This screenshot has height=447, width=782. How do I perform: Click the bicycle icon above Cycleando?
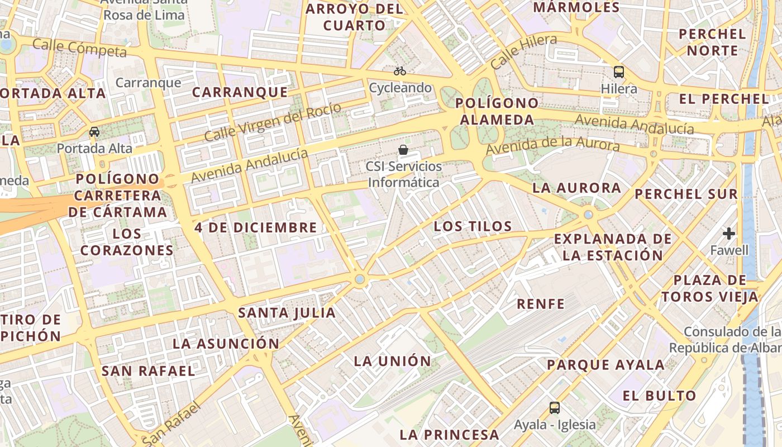pos(399,71)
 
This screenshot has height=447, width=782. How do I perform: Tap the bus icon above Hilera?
pos(619,72)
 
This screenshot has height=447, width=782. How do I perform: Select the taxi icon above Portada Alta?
pos(94,132)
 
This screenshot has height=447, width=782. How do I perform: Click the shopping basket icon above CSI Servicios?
pos(403,150)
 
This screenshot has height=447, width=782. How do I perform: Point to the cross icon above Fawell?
pos(729,233)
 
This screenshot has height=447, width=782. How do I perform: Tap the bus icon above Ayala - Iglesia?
pos(554,408)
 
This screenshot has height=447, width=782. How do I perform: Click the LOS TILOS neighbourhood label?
pos(473,226)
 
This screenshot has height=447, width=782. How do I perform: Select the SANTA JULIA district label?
pos(287,313)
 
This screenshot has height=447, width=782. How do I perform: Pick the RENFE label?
pos(541,304)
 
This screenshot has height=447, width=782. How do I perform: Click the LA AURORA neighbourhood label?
pos(576,188)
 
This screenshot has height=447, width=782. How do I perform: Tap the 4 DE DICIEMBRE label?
pos(256,227)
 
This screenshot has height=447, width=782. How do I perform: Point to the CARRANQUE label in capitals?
pos(240,92)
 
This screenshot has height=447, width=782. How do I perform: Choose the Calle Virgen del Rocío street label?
pos(272,122)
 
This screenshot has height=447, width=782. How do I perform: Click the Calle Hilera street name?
pos(523,51)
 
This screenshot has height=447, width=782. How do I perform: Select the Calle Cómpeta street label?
pos(79,48)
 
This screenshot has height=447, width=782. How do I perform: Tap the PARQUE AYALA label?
pos(605,365)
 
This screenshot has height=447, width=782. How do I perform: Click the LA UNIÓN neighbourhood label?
pos(393,361)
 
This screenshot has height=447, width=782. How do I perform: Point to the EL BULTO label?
pos(660,396)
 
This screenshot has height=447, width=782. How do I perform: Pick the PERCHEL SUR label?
pos(686,194)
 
